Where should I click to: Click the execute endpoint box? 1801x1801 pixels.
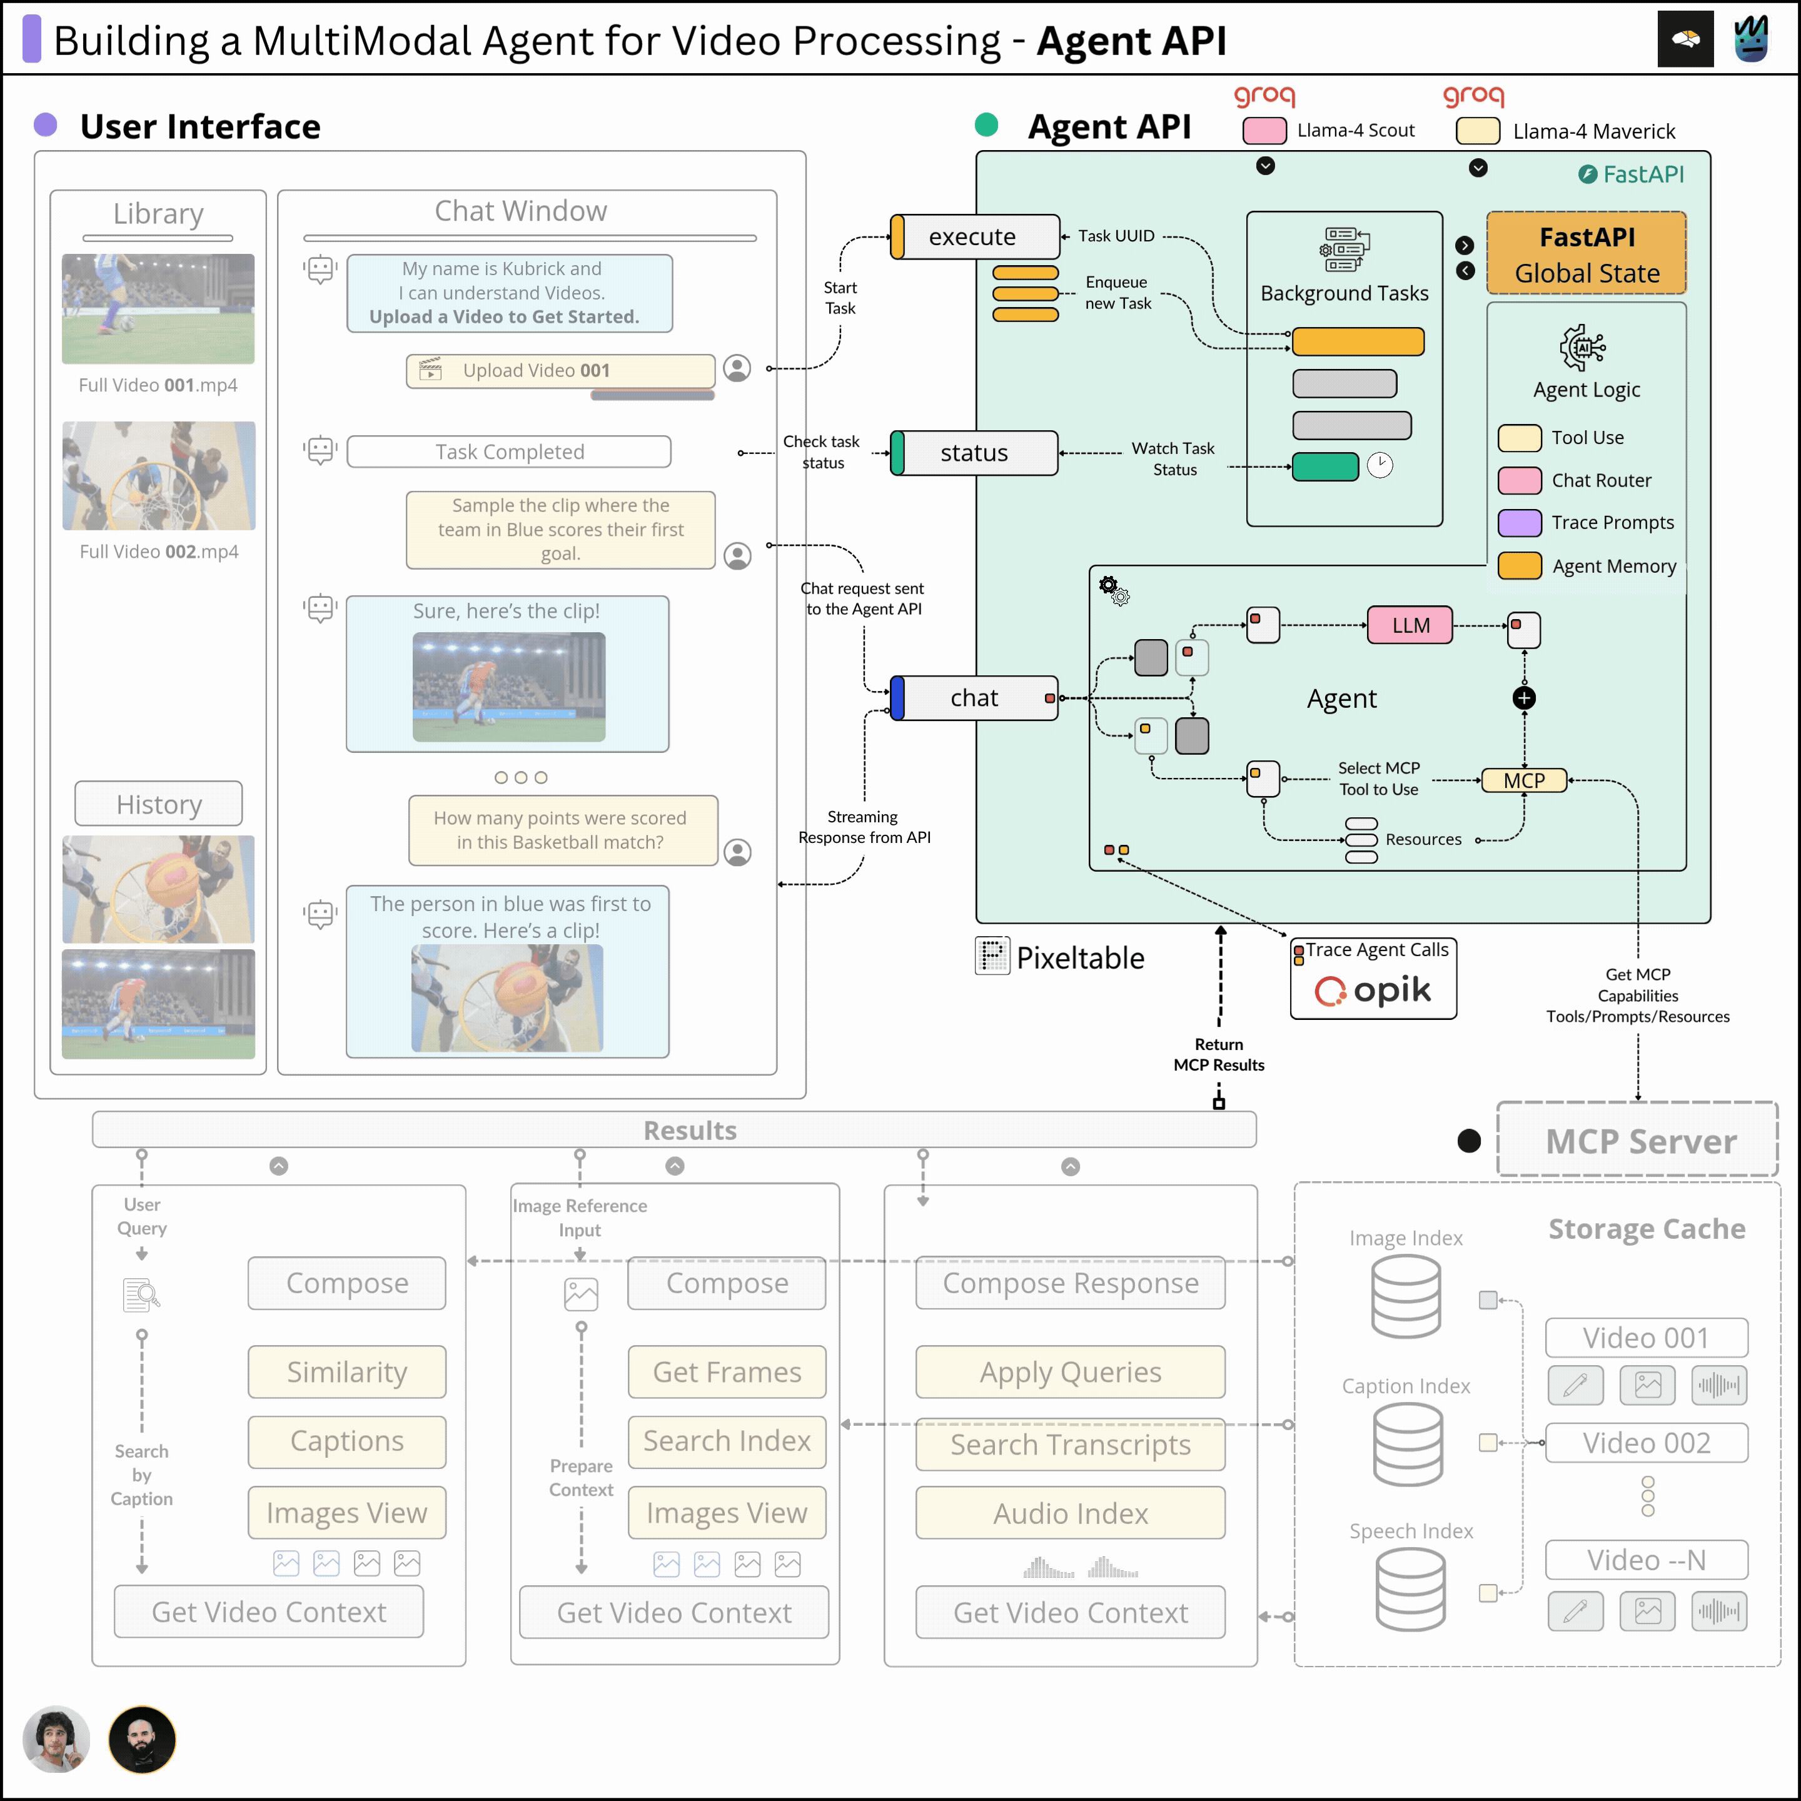974,237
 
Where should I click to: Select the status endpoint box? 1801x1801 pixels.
974,453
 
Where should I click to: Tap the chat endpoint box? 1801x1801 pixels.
974,699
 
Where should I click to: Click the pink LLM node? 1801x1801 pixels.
1410,625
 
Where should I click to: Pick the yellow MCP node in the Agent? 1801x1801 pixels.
1524,780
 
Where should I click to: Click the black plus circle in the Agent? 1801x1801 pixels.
1524,699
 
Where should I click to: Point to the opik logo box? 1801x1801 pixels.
1373,979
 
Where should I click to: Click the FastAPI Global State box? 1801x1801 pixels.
1587,253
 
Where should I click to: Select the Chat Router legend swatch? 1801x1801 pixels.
1520,480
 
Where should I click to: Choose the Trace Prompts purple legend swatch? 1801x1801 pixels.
1520,523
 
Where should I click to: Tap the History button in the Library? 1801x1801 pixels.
158,804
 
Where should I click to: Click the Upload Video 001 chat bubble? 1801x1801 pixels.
561,371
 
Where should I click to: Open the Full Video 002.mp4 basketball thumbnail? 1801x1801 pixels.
158,475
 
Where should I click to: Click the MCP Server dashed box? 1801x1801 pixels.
1638,1140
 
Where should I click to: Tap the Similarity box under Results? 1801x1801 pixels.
347,1372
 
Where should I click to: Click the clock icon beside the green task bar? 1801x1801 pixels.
1380,465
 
